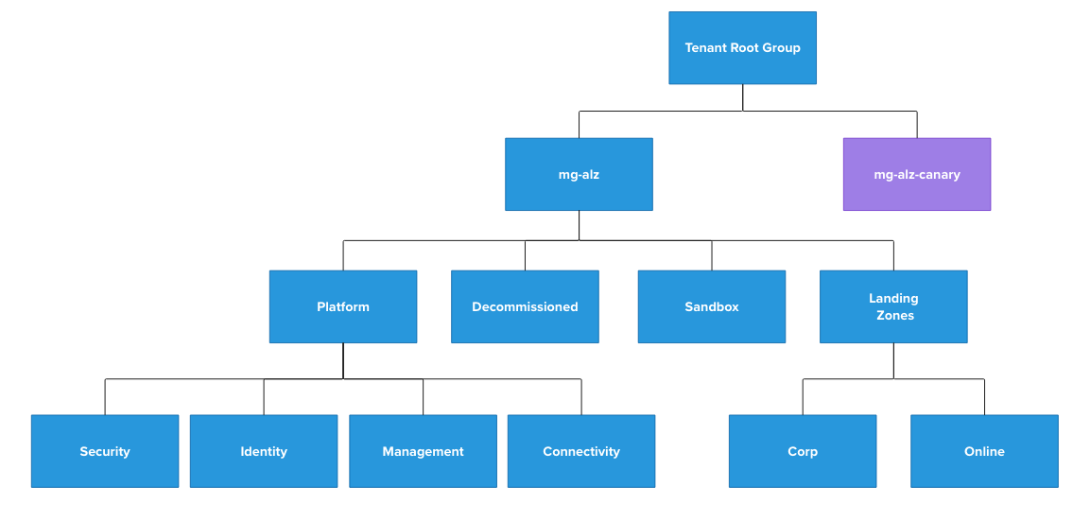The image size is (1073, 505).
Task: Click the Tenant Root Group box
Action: pyautogui.click(x=742, y=47)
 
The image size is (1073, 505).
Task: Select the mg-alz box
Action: pyautogui.click(x=579, y=174)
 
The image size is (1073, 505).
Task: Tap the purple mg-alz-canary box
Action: pyautogui.click(x=916, y=174)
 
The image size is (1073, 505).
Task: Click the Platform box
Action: pyautogui.click(x=342, y=306)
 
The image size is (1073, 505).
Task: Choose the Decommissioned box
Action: pyautogui.click(x=525, y=306)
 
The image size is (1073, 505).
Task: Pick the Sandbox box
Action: pyautogui.click(x=711, y=306)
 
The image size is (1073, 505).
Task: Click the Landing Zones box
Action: pyautogui.click(x=892, y=306)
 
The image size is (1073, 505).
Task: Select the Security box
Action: pyautogui.click(x=104, y=451)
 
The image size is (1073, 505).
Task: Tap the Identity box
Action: pyautogui.click(x=263, y=451)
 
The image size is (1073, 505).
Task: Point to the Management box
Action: pyautogui.click(x=423, y=451)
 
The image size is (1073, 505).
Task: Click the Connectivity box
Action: pyautogui.click(x=580, y=451)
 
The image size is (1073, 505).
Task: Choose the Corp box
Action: pyautogui.click(x=802, y=451)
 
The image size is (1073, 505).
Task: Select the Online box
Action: pyautogui.click(x=984, y=451)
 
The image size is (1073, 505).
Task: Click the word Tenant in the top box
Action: pyautogui.click(x=706, y=48)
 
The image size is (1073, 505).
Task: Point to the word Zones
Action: pyautogui.click(x=894, y=316)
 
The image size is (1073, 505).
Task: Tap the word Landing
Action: pyautogui.click(x=893, y=299)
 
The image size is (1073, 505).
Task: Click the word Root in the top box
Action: pyautogui.click(x=747, y=48)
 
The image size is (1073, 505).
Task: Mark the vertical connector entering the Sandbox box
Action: pyautogui.click(x=712, y=255)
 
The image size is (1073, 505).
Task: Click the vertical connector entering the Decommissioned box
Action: pyautogui.click(x=525, y=255)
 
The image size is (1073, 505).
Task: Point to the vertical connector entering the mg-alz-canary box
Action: pyautogui.click(x=916, y=125)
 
